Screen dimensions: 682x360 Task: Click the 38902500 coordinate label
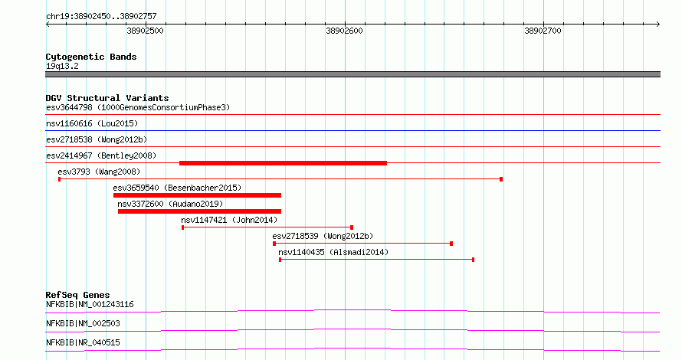(146, 31)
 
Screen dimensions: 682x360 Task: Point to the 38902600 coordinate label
(344, 31)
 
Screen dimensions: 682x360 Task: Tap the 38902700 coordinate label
(543, 31)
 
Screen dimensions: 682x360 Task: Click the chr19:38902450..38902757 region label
(101, 17)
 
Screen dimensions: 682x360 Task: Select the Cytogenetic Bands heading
(91, 57)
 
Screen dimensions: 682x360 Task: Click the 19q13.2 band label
(62, 66)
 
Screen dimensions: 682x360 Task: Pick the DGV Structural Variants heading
(107, 98)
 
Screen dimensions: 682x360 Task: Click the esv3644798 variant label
(69, 107)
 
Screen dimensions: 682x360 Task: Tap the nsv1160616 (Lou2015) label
(92, 123)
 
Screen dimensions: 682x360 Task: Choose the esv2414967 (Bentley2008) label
(101, 155)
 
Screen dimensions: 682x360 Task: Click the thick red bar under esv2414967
(284, 163)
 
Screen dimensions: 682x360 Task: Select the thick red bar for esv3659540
(197, 195)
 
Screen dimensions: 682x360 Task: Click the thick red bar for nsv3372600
(199, 211)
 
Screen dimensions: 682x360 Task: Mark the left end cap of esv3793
(60, 179)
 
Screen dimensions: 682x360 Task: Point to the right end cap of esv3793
(501, 179)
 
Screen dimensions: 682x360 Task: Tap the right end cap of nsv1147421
(352, 227)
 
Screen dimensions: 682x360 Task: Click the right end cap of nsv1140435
(473, 260)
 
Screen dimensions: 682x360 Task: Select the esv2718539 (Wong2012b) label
(323, 236)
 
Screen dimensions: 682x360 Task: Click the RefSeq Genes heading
(77, 295)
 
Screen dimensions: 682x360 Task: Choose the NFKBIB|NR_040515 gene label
(83, 342)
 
